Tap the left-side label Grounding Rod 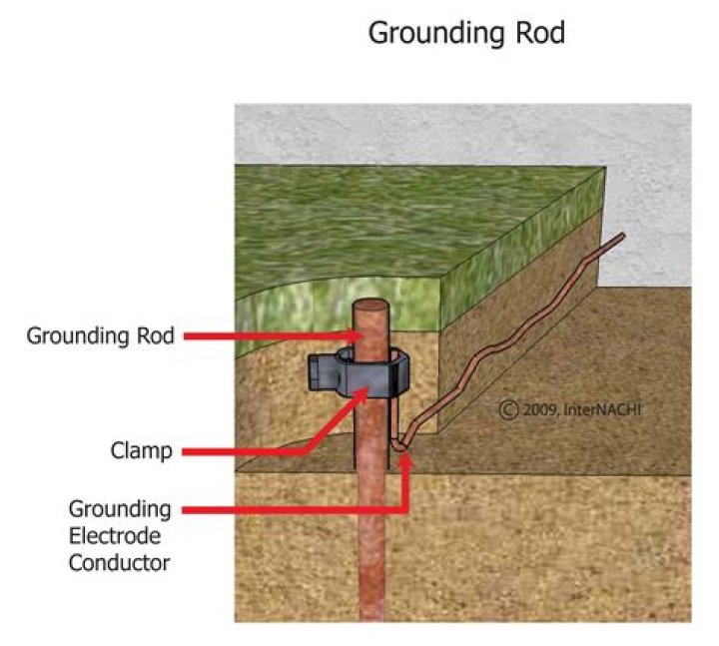tap(100, 336)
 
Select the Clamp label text tap(141, 450)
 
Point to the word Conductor tap(119, 562)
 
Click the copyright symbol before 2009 tap(508, 409)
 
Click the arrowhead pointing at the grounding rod tap(344, 336)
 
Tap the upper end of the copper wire tap(622, 237)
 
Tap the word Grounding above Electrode tap(120, 509)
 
